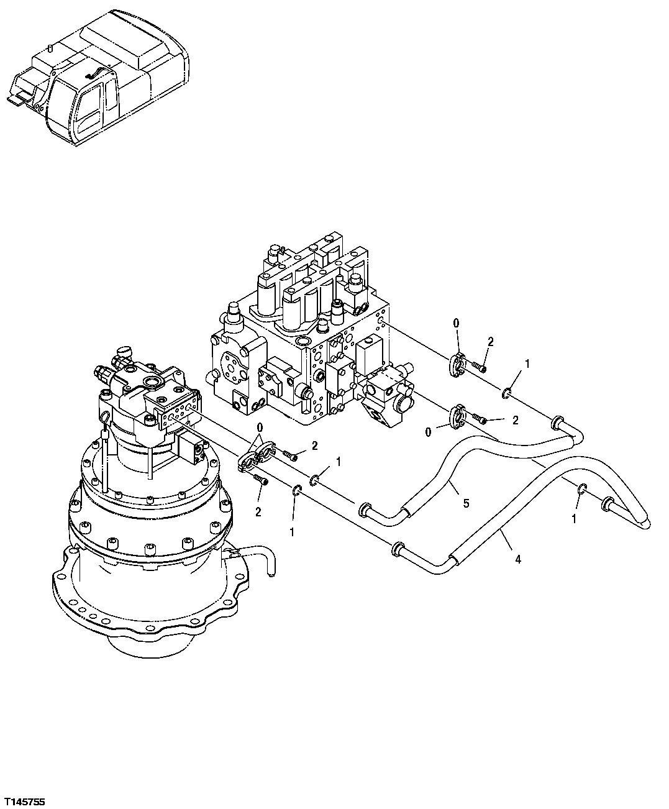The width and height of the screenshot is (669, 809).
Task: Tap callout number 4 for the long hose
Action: (x=517, y=559)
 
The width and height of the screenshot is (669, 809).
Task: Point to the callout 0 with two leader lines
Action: (x=260, y=427)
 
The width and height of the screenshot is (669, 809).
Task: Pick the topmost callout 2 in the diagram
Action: (x=490, y=341)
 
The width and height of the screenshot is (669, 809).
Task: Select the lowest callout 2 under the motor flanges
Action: (x=257, y=512)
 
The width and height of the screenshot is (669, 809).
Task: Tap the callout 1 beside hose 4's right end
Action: (x=574, y=518)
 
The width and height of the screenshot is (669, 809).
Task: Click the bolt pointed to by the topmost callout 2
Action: (x=479, y=367)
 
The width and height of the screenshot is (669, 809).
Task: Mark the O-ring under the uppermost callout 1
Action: (x=507, y=392)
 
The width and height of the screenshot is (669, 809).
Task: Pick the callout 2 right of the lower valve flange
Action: (x=515, y=421)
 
